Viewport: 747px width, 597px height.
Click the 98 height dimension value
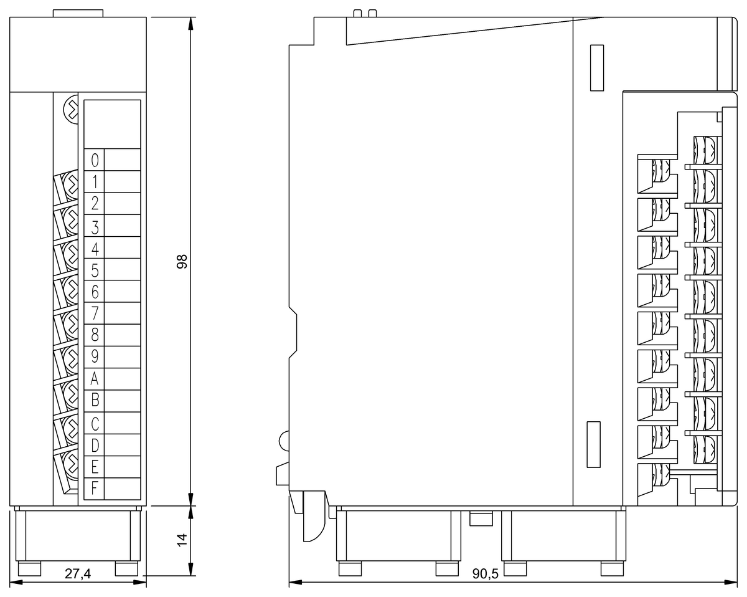(182, 262)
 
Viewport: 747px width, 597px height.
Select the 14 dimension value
(182, 540)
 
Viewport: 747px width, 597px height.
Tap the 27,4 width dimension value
(78, 574)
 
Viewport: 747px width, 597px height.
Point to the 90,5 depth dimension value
(485, 574)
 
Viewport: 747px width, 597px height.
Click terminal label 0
(95, 160)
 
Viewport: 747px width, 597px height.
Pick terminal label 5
(95, 270)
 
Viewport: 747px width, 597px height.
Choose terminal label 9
(95, 357)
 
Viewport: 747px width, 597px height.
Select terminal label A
(95, 379)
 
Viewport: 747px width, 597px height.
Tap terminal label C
(95, 424)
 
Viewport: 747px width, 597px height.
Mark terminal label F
(95, 488)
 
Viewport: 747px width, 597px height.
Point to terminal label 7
(95, 313)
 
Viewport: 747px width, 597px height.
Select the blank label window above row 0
(112, 123)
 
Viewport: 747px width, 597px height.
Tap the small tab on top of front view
(78, 13)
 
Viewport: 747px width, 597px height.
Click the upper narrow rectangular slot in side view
(596, 68)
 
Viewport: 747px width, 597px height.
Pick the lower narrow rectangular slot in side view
(594, 444)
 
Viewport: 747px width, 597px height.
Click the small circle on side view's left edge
(284, 441)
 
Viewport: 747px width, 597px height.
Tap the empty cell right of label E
(122, 467)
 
